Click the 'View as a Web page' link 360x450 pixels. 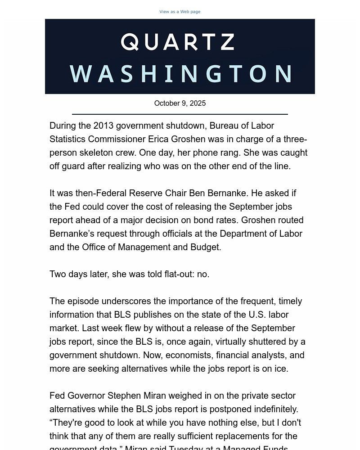click(180, 12)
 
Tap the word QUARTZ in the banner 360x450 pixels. click(178, 42)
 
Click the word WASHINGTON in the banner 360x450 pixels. click(181, 74)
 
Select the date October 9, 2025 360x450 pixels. click(180, 103)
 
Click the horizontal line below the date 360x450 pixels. click(180, 114)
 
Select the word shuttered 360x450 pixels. click(275, 342)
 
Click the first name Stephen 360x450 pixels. click(122, 396)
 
